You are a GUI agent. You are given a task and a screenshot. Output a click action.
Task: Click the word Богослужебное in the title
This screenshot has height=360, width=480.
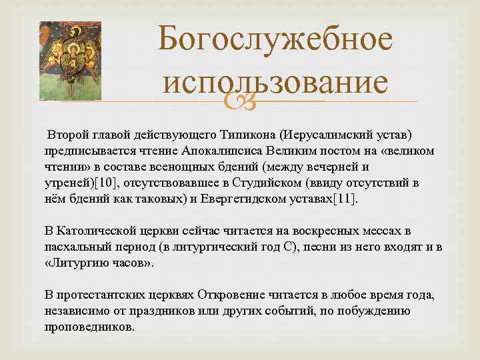[274, 41]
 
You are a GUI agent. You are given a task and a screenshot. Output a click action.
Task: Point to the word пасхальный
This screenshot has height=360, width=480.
[84, 246]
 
